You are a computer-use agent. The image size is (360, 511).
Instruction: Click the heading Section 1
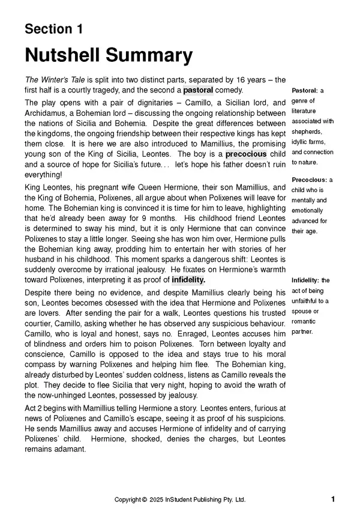click(x=54, y=29)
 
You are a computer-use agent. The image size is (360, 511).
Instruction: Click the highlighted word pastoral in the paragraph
click(x=198, y=89)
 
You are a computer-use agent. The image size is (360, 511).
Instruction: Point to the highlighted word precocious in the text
click(x=246, y=153)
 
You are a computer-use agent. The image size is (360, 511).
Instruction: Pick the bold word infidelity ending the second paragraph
click(x=188, y=279)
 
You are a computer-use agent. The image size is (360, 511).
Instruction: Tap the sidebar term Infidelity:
click(x=306, y=280)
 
